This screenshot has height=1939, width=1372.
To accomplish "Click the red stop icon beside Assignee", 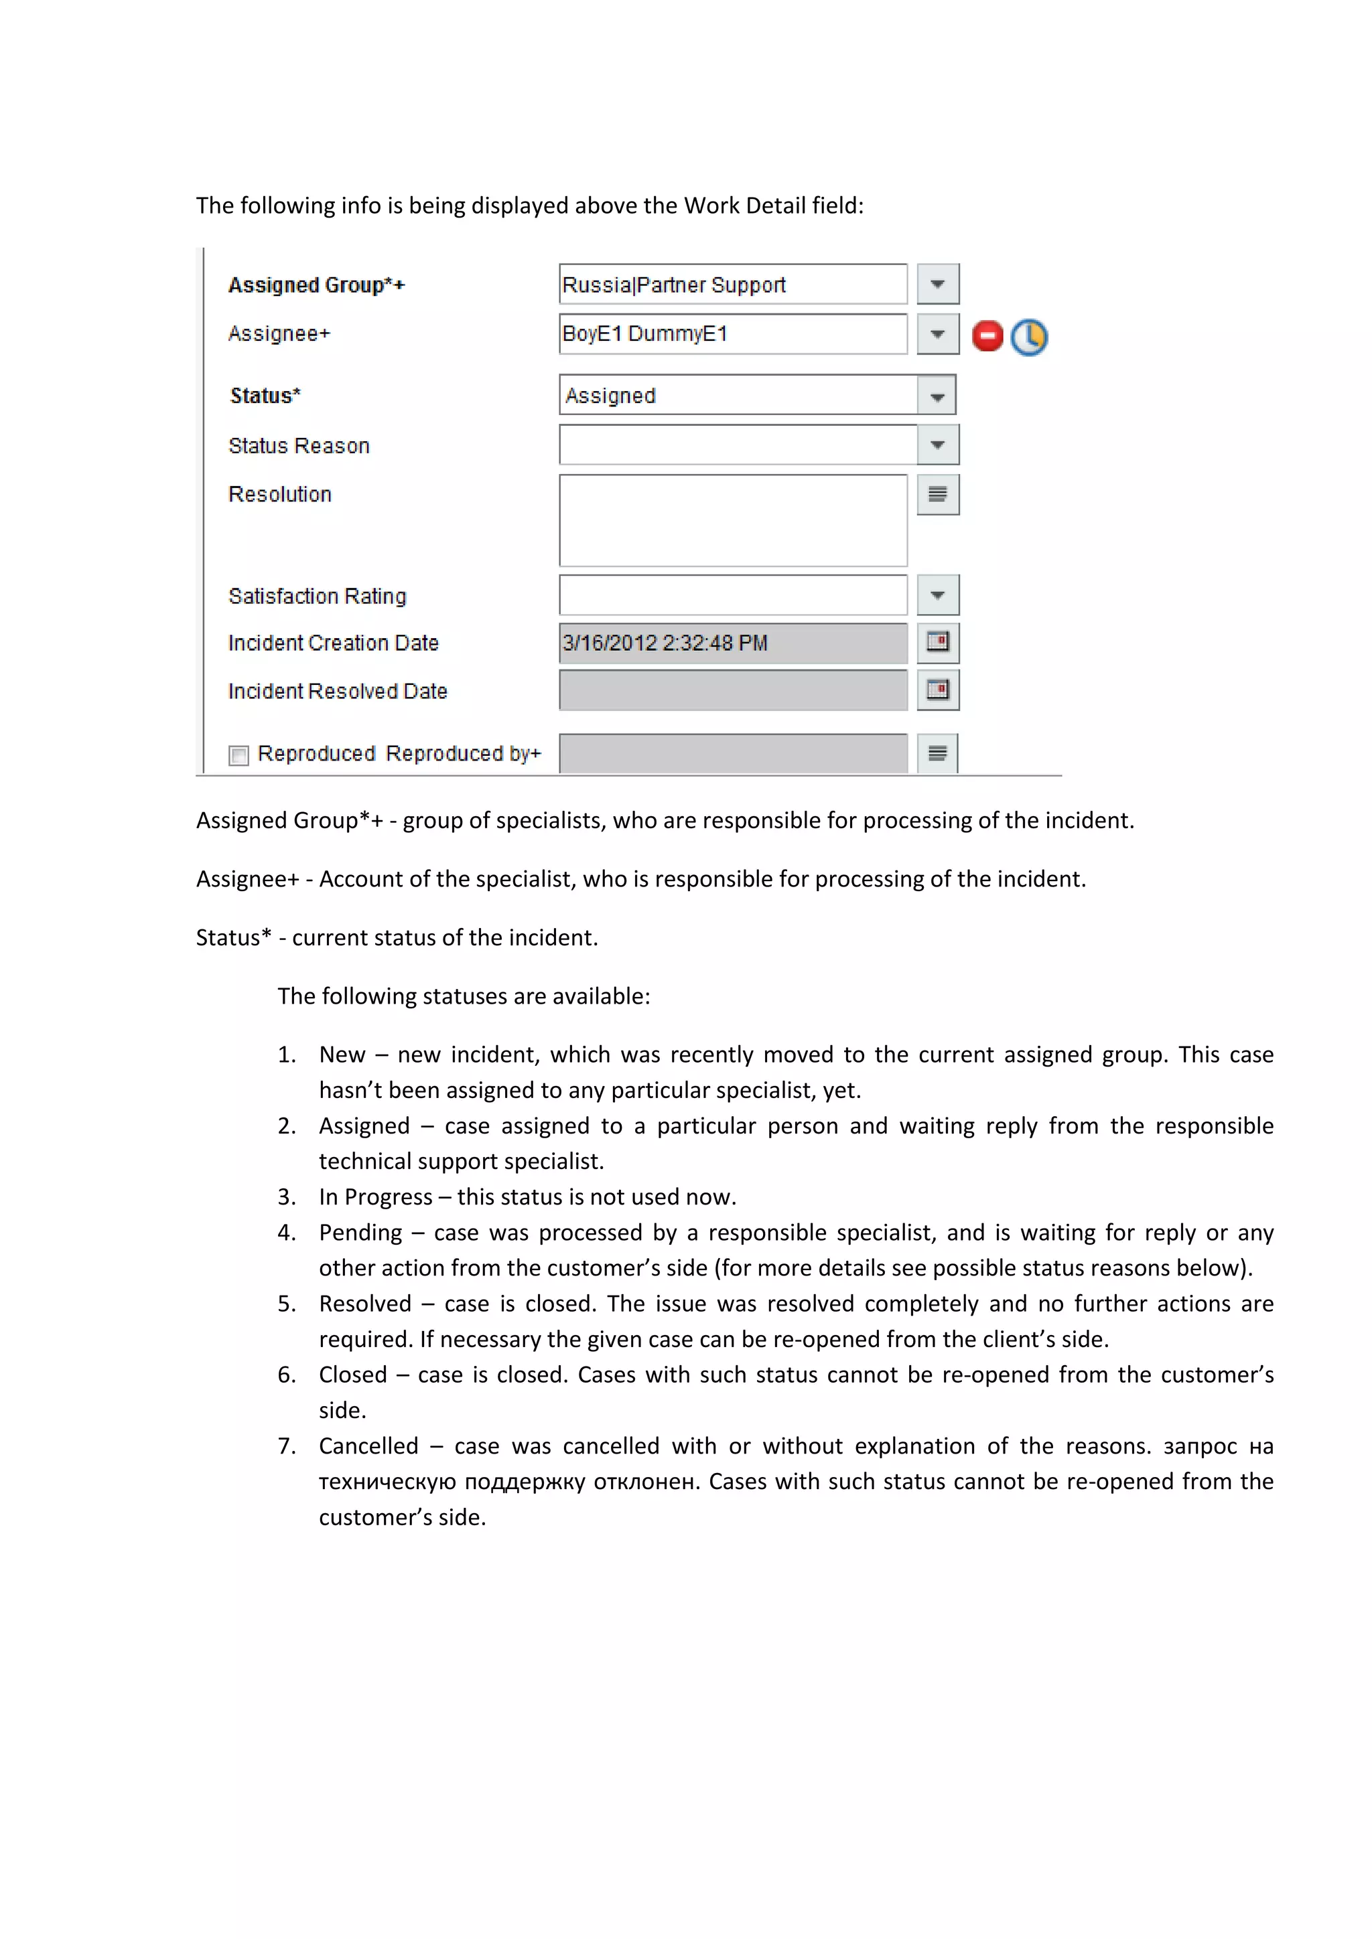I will (x=987, y=336).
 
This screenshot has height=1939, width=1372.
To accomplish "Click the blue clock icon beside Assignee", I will (x=1028, y=337).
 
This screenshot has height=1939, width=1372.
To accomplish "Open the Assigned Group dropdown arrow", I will (x=937, y=285).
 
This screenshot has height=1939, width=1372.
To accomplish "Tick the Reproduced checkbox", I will (x=239, y=755).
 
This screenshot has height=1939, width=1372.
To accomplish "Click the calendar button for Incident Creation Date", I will (x=937, y=643).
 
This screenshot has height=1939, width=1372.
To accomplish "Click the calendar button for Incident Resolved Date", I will (x=937, y=691).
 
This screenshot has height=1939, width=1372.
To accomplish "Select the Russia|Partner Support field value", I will (x=673, y=285).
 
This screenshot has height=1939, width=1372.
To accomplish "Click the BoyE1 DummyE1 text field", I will (x=732, y=334).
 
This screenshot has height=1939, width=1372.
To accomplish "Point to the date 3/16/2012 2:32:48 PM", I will (x=665, y=643).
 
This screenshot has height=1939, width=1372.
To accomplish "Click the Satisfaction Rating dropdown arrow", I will (x=937, y=595).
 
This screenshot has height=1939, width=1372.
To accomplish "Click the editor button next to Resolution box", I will (x=937, y=495).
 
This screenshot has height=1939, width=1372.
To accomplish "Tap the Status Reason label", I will (x=299, y=446).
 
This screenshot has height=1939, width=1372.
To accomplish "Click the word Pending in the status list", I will (x=360, y=1233).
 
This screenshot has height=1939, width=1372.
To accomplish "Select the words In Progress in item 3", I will (x=375, y=1198).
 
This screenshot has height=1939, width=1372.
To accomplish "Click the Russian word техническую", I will (x=387, y=1482).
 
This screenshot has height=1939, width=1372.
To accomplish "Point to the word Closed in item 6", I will (x=352, y=1375).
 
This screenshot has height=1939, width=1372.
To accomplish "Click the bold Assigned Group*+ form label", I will (x=316, y=285).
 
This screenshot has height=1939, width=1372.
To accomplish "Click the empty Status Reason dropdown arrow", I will (x=937, y=445).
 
